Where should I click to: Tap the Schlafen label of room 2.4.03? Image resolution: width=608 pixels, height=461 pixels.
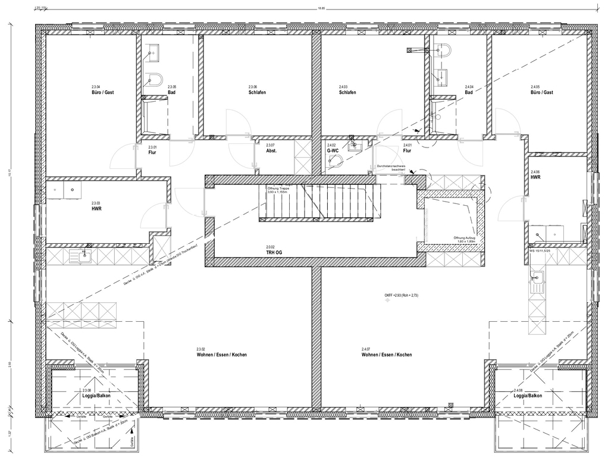click(x=347, y=93)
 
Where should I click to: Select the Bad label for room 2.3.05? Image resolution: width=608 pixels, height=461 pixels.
click(x=171, y=93)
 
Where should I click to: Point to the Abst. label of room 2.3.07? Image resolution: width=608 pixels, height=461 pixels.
click(x=271, y=151)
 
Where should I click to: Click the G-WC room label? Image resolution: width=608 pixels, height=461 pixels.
click(x=332, y=151)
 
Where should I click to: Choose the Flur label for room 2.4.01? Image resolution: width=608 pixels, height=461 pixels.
click(x=408, y=151)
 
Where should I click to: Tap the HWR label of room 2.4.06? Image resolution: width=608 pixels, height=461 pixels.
click(x=535, y=177)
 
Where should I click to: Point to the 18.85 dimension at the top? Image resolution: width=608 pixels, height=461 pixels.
click(x=322, y=8)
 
